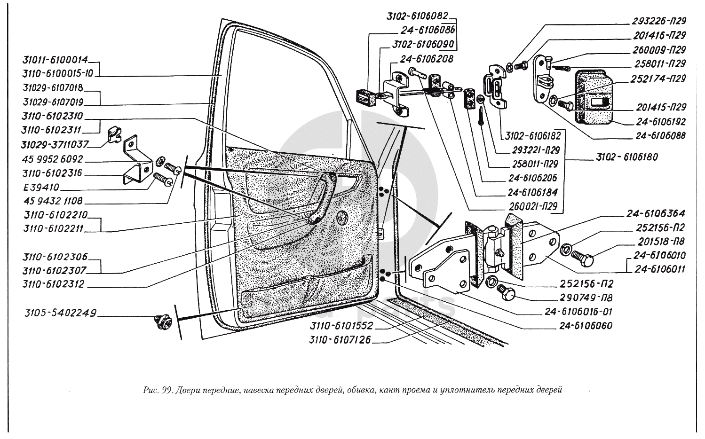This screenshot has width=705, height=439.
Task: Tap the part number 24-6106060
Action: tap(586, 326)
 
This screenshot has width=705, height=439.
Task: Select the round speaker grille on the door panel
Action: tap(342, 216)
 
